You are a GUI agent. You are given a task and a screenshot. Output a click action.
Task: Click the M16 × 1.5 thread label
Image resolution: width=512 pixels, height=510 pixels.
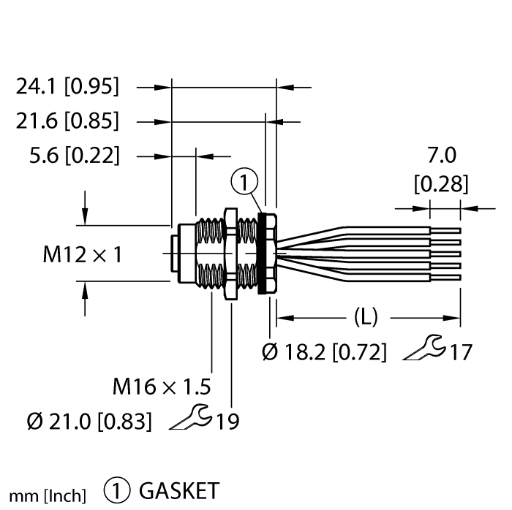tap(162, 387)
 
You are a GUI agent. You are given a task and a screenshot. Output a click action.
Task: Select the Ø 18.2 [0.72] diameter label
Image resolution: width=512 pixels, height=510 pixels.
tap(323, 353)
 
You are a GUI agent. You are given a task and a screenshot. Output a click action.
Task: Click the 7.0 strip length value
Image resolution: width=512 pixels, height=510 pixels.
tap(440, 155)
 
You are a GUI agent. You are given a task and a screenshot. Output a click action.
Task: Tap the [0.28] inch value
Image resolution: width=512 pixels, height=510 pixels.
tap(440, 184)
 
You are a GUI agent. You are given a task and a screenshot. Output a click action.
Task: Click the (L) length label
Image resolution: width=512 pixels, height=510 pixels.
tap(365, 318)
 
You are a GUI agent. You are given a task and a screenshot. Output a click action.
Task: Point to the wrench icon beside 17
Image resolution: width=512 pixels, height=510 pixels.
tap(424, 349)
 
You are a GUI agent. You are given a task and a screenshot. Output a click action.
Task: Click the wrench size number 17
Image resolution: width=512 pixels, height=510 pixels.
tap(459, 353)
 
